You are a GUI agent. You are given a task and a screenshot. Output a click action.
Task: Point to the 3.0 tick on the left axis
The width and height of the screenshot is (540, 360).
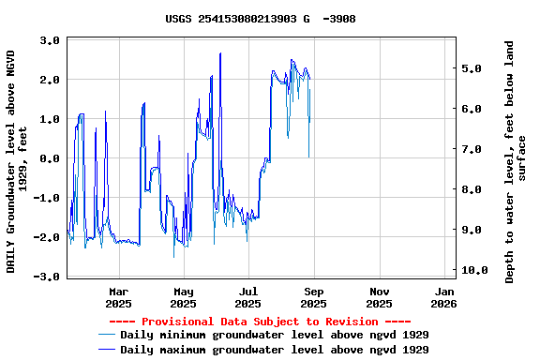coord(51,40)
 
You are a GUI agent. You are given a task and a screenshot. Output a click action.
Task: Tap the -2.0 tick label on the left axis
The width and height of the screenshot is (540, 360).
coord(48,238)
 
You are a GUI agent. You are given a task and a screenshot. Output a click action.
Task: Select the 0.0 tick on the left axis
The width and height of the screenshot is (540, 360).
coord(51,159)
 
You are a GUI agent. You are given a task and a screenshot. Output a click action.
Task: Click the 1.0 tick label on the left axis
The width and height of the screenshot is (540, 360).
coord(51,120)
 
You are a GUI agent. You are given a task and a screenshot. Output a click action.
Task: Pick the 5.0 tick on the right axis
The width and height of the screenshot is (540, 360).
coord(472,69)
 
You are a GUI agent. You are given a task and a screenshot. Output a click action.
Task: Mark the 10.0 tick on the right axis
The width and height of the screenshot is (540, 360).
coord(475,271)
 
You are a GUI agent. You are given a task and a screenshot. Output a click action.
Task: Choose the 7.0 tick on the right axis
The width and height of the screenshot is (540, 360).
coord(472,150)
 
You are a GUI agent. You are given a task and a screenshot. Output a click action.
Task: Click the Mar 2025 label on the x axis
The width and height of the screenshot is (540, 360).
coord(119,297)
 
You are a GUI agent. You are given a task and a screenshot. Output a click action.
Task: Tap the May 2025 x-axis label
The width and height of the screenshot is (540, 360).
coord(184,297)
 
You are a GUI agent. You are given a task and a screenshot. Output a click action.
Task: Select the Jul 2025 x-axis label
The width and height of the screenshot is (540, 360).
coord(248,297)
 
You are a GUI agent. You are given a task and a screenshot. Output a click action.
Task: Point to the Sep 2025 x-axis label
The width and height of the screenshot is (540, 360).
coord(314,297)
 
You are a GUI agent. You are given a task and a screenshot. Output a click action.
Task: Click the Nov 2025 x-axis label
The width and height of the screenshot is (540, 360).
coord(380,297)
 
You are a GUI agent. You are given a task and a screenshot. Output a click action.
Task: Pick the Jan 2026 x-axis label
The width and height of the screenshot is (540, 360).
coord(443,297)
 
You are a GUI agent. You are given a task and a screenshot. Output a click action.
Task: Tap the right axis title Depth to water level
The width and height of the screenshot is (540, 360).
coord(516,161)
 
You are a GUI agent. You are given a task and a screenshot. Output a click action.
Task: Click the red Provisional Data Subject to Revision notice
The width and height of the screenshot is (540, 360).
coord(260,322)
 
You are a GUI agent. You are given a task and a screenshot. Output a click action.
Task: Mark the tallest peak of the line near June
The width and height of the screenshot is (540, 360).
coord(220,53)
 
